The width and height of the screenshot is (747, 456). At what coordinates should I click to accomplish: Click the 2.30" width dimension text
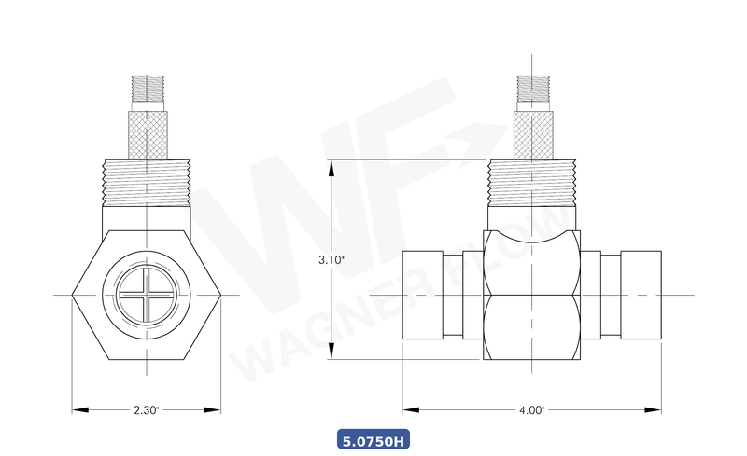pyautogui.click(x=147, y=408)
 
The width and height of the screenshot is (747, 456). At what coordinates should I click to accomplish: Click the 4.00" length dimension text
pyautogui.click(x=531, y=408)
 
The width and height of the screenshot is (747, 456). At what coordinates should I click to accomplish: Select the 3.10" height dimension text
pyautogui.click(x=331, y=261)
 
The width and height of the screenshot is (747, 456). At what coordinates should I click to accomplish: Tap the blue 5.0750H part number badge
pyautogui.click(x=373, y=439)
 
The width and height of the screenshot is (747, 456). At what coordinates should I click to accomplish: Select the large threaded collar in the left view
pyautogui.click(x=147, y=181)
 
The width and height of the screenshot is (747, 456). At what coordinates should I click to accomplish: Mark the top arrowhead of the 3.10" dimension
pyautogui.click(x=331, y=164)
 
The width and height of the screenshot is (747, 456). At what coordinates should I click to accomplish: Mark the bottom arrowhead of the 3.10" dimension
pyautogui.click(x=331, y=356)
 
